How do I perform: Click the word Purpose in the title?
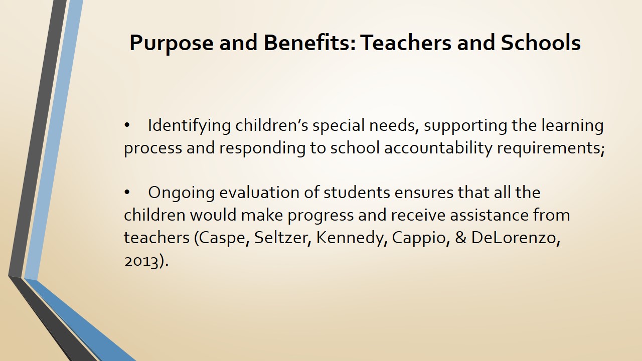pyautogui.click(x=172, y=43)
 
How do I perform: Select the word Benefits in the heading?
pyautogui.click(x=309, y=43)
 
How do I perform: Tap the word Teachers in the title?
pyautogui.click(x=406, y=43)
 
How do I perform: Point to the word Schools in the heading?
pyautogui.click(x=541, y=43)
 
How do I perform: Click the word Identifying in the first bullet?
pyautogui.click(x=189, y=126)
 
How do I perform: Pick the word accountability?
pyautogui.click(x=438, y=148)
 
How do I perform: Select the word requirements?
pyautogui.click(x=551, y=149)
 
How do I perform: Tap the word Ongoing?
pyautogui.click(x=181, y=193)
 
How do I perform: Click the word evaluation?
pyautogui.click(x=259, y=193)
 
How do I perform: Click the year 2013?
pyautogui.click(x=141, y=261)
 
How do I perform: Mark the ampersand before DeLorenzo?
pyautogui.click(x=460, y=238)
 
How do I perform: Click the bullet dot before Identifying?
pyautogui.click(x=127, y=125)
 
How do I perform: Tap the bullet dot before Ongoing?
pyautogui.click(x=127, y=193)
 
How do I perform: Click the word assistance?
pyautogui.click(x=489, y=215)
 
